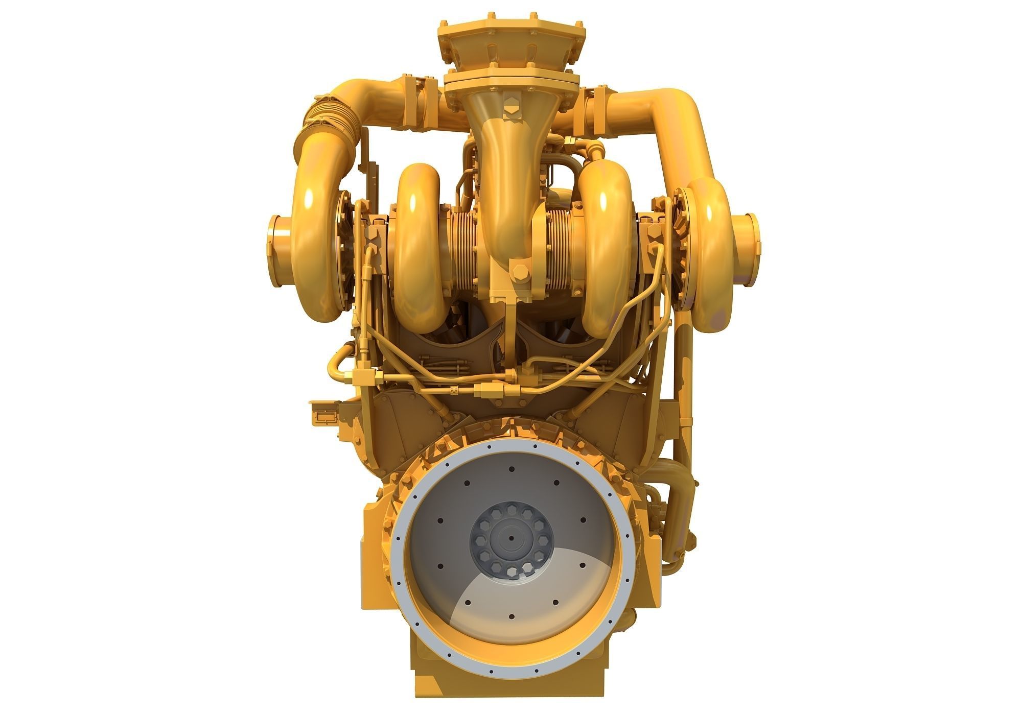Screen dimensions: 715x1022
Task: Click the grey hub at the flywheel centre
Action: (512, 538)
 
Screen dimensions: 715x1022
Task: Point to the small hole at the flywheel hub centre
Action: (512, 538)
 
